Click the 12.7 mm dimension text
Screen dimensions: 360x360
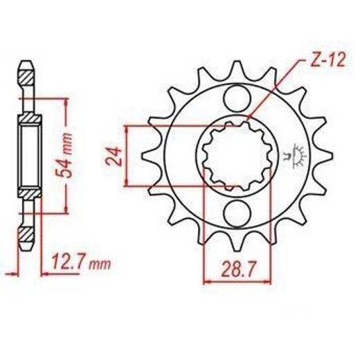coord(81,262)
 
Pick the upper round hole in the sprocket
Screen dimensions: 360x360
coord(237,98)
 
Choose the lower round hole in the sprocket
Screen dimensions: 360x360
coord(237,213)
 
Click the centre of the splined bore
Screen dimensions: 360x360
coord(237,156)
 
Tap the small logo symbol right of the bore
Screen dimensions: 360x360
coord(296,156)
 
